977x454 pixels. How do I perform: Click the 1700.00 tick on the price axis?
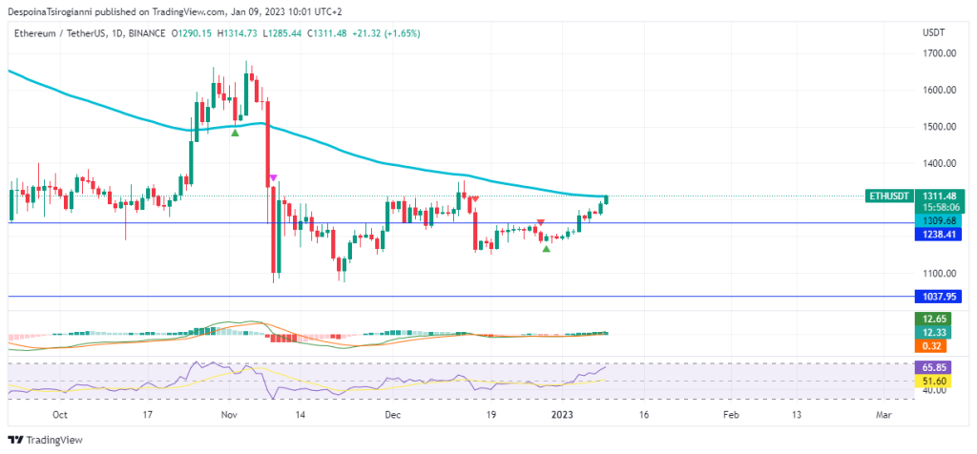point(939,53)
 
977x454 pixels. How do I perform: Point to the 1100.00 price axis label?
point(939,273)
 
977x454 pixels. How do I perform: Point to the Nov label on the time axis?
point(228,415)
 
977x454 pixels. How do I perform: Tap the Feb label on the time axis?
point(731,415)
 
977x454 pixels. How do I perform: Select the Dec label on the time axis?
point(393,415)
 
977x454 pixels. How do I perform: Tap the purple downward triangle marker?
point(274,177)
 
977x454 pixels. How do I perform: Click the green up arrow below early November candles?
point(235,132)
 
